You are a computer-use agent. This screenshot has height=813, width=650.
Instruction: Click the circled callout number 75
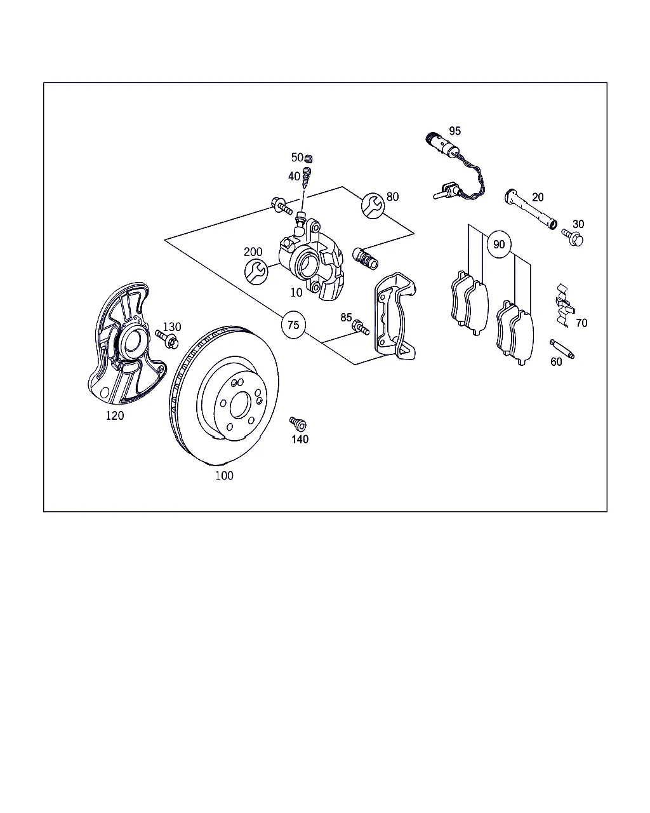click(293, 325)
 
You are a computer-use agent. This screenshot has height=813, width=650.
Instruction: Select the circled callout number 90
click(499, 244)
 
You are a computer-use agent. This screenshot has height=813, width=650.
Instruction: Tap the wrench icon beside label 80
click(373, 206)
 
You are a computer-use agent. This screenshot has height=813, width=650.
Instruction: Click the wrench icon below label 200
click(256, 271)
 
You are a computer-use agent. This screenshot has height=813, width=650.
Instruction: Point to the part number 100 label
click(224, 476)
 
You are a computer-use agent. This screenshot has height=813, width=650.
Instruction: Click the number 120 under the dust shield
click(115, 415)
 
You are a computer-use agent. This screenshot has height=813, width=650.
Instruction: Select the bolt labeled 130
click(166, 339)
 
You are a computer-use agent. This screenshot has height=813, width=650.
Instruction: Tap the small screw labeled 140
click(298, 424)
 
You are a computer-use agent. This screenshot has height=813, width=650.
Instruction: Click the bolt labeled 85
click(361, 327)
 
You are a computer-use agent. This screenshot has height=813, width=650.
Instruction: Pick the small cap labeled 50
click(308, 158)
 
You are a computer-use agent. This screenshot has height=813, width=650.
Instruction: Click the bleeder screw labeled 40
click(307, 178)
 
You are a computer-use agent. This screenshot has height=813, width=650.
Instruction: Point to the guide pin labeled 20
click(531, 210)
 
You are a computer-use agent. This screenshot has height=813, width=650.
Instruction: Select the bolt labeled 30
click(573, 238)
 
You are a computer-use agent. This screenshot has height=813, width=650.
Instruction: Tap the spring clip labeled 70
click(564, 304)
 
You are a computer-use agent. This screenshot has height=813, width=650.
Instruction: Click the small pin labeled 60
click(562, 349)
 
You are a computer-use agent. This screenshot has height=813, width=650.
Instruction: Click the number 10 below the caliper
click(296, 292)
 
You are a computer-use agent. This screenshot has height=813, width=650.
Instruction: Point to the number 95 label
click(454, 131)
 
